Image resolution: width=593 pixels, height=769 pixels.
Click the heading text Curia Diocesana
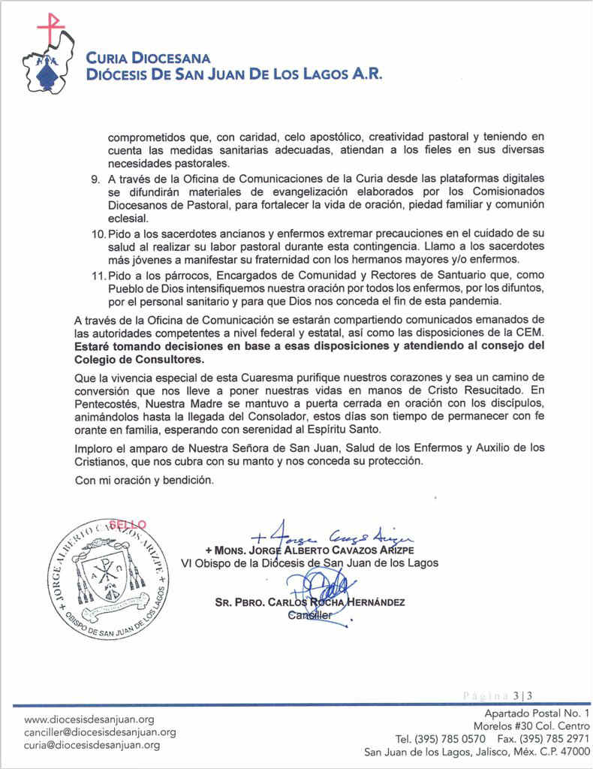148,58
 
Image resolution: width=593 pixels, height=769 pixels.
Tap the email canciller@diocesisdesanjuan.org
100,731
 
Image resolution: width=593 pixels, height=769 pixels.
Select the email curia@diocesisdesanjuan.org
92,745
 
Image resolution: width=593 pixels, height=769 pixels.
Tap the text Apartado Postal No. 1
537,713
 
